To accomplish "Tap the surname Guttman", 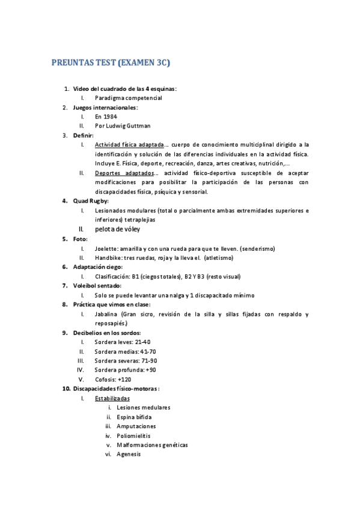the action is coord(138,126).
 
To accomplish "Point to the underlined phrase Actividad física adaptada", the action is coord(129,144).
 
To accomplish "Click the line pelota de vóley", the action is coord(121,229).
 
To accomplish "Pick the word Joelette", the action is coord(106,248).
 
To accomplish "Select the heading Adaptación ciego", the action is coord(97,266).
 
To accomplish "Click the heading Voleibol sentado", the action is coord(97,286).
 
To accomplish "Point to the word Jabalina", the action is coord(107,314).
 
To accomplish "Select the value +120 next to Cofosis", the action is coord(125,379).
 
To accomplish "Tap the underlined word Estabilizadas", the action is coord(112,398).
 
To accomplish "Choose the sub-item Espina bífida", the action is coord(134,417).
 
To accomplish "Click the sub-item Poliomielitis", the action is coord(133,435).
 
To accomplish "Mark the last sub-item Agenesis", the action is coord(129,454).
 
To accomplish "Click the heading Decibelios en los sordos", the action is coord(107,333).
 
